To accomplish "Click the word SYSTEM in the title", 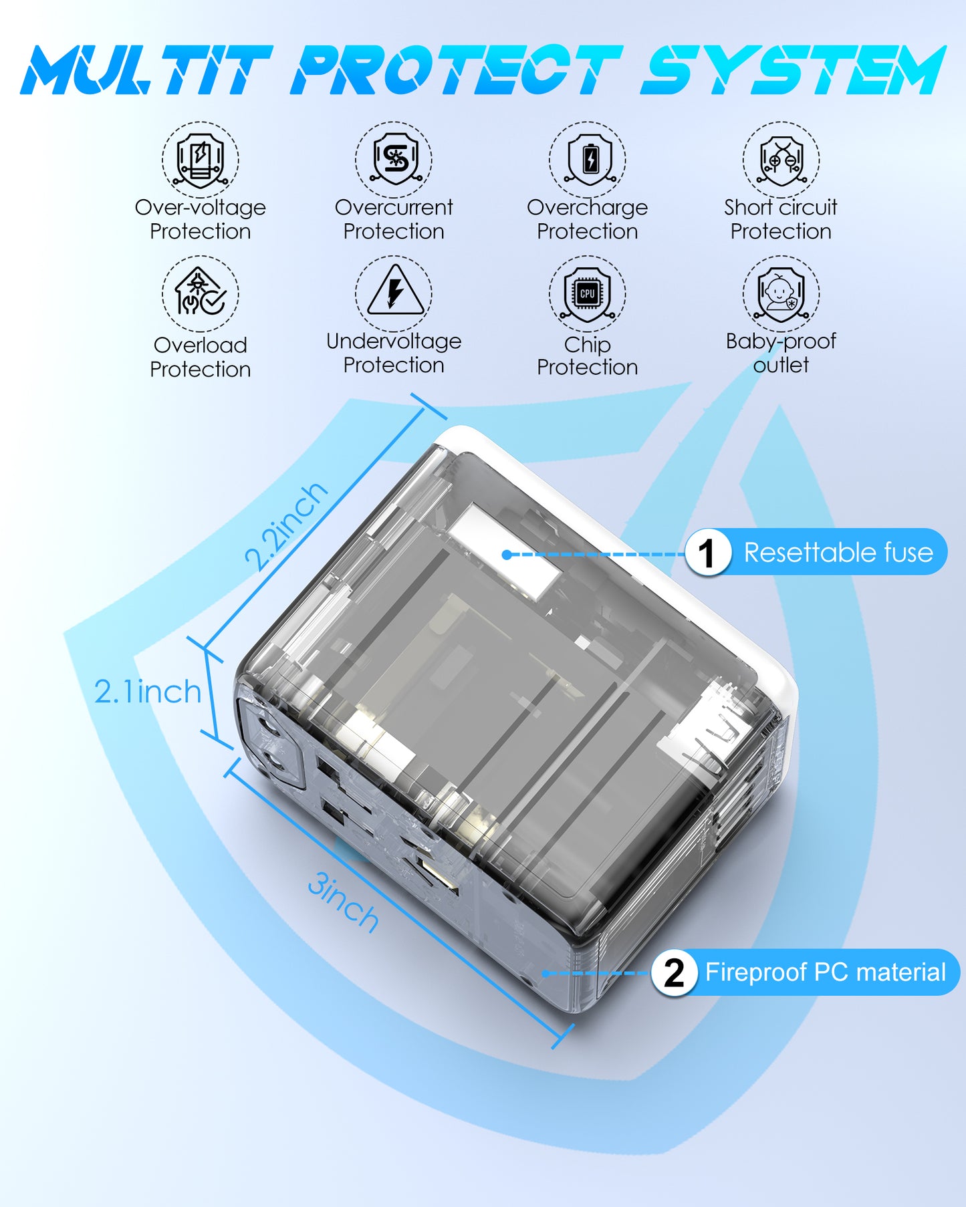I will pyautogui.click(x=792, y=70).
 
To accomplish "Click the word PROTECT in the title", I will pyautogui.click(x=457, y=70).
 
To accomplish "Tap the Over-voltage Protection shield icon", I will pyautogui.click(x=200, y=160).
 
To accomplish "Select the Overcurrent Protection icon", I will pyautogui.click(x=394, y=160).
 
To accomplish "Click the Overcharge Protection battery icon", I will pyautogui.click(x=588, y=160).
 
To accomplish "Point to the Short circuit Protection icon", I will pyautogui.click(x=781, y=160).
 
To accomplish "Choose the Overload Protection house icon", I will pyautogui.click(x=200, y=294).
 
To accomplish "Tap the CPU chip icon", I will pyautogui.click(x=588, y=293).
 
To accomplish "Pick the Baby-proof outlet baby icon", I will pyautogui.click(x=781, y=293).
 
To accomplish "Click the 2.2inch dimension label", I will pyautogui.click(x=286, y=525).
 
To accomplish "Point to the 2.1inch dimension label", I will pyautogui.click(x=148, y=692).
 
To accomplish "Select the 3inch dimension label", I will pyautogui.click(x=343, y=903).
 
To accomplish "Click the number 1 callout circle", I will pyautogui.click(x=707, y=553).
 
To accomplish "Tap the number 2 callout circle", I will pyautogui.click(x=674, y=972).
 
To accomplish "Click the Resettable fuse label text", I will pyautogui.click(x=838, y=553).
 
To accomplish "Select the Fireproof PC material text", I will pyautogui.click(x=826, y=972).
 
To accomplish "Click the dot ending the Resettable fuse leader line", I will pyautogui.click(x=507, y=555).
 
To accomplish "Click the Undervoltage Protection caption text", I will pyautogui.click(x=394, y=353).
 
